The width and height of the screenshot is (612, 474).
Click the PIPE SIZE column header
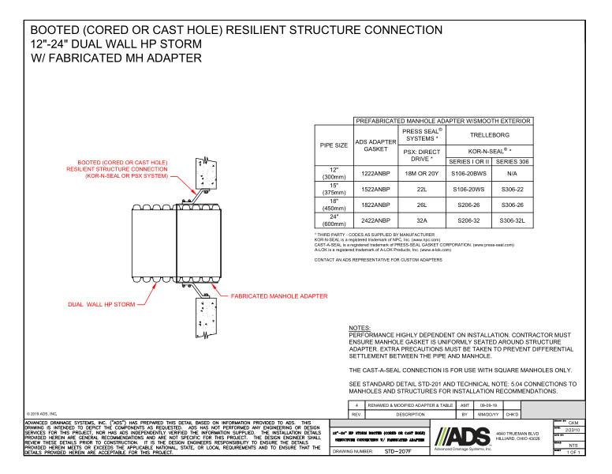coord(334,145)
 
